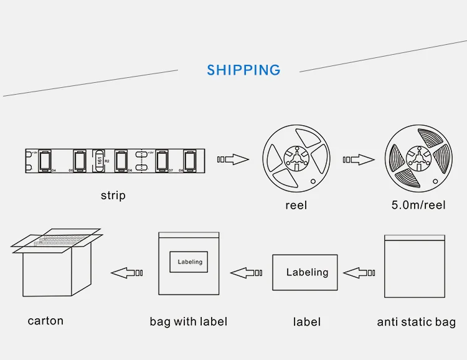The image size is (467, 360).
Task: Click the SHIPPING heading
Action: (243, 70)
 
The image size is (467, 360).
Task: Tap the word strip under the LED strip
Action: (113, 196)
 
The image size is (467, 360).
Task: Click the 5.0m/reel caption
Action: (417, 205)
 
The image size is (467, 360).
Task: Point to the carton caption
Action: (45, 321)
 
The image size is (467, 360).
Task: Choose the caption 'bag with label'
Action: (188, 321)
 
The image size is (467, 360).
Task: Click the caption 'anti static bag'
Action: (416, 322)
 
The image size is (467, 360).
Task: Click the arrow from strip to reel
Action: (232, 160)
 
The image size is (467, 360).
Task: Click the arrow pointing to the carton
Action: (127, 273)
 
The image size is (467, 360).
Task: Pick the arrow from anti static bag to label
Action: (359, 273)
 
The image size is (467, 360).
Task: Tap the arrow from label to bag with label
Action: (247, 273)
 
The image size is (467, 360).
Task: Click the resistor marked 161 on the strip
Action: (98, 161)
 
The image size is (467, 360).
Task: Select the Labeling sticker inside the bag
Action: (190, 262)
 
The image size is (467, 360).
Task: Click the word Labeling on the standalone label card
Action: (307, 272)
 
